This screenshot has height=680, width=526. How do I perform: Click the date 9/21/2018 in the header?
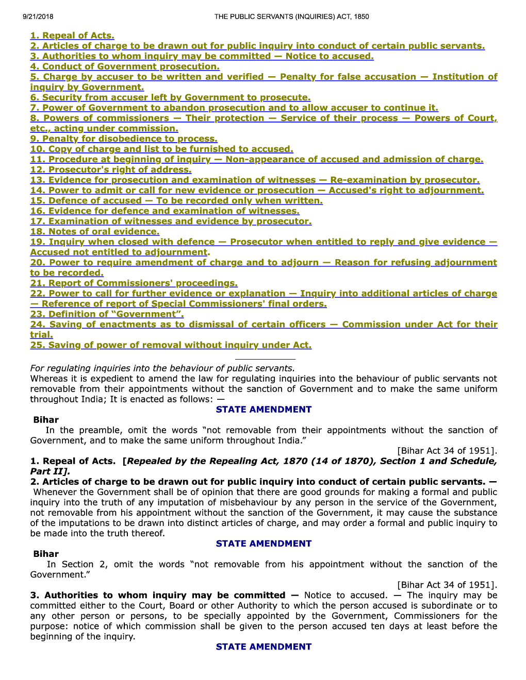point(38,16)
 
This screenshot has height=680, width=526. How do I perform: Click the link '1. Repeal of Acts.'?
point(72,36)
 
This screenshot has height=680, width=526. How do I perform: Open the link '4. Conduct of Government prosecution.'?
point(125,66)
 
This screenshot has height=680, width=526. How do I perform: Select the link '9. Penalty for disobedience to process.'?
point(124,139)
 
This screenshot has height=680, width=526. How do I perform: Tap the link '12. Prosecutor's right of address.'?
point(111,169)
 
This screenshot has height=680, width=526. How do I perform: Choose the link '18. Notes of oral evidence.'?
point(95,231)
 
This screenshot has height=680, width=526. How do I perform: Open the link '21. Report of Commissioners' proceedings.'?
point(134,283)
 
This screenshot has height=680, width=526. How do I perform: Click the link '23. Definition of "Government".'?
point(107,314)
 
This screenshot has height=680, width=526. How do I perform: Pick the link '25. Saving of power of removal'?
point(171,345)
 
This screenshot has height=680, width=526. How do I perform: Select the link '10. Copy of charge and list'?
point(161,149)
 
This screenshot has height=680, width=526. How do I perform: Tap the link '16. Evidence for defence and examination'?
point(165,211)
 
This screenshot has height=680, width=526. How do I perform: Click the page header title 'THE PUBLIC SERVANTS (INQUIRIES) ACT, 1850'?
point(291,16)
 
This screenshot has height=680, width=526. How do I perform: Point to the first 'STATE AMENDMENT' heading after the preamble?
point(264,410)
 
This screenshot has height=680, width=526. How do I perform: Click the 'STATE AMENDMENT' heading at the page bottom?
point(264,647)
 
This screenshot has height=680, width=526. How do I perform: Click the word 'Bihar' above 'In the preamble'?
point(46,420)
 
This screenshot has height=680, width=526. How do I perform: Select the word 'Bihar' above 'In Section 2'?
point(46,554)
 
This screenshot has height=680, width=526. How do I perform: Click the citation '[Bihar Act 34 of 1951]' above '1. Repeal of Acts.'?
point(447,451)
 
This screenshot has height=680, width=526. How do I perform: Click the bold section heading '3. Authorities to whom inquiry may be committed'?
point(158,595)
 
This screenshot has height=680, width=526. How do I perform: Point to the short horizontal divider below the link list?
point(265,359)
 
